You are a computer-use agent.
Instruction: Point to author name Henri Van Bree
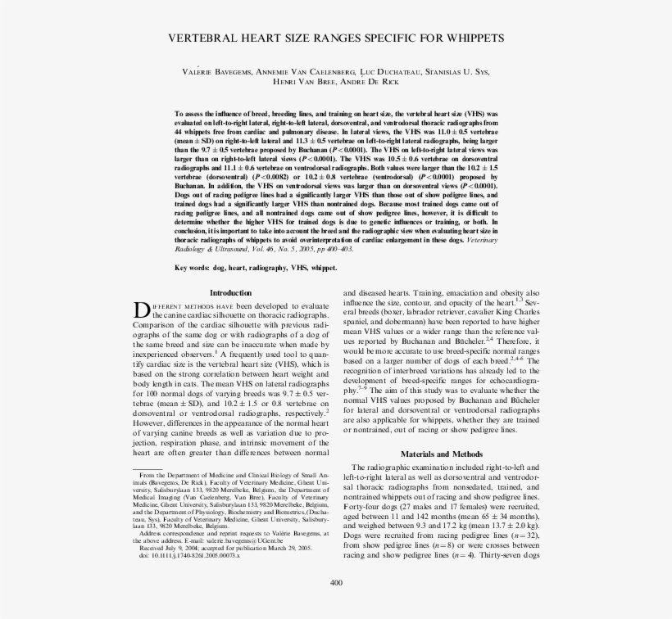coord(302,83)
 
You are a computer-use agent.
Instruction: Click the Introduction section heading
coord(230,293)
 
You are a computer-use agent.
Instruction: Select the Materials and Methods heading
coord(441,454)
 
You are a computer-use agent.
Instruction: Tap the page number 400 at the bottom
coord(336,583)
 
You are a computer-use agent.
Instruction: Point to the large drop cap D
coord(140,309)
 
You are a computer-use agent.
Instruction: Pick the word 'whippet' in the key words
coord(320,268)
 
